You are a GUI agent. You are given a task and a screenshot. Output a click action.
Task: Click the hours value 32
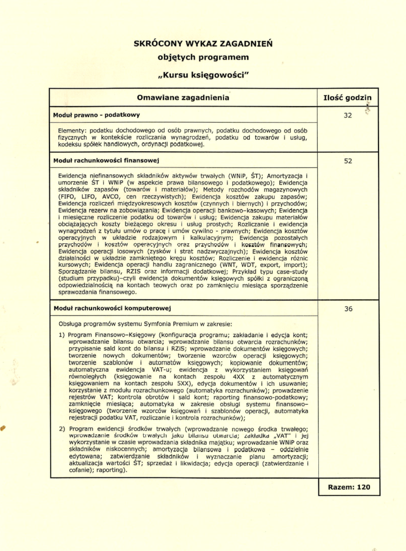[x=347, y=115]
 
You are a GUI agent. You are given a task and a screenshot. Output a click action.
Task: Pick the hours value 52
[x=347, y=160]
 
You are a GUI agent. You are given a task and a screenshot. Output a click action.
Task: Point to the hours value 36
[x=347, y=308]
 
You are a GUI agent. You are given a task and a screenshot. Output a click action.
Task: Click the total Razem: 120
[x=349, y=487]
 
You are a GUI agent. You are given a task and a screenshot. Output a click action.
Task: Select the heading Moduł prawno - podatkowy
[x=96, y=115]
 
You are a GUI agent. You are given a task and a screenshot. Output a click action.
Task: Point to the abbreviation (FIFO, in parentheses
[x=68, y=197]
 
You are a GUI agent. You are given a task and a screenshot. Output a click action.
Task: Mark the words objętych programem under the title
[x=203, y=57]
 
